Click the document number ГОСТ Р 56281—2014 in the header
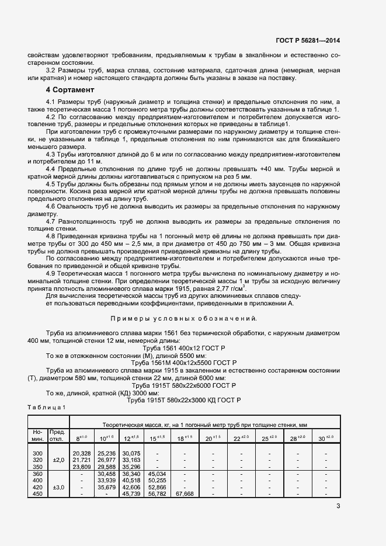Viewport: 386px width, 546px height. coord(308,40)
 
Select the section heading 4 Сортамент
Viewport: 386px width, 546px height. coord(70,90)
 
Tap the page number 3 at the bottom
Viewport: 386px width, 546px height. coord(339,506)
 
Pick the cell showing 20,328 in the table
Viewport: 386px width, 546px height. coord(82,453)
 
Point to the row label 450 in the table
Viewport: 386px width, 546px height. coord(38,493)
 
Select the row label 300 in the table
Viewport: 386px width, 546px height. coord(38,453)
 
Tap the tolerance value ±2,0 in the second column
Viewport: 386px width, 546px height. coord(58,460)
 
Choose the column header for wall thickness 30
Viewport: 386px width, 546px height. coord(325,437)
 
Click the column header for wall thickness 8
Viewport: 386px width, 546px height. coord(82,437)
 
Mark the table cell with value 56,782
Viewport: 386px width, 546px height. coord(158,493)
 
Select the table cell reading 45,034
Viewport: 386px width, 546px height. coord(158,473)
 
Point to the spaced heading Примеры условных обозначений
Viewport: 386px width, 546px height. coord(184,318)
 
